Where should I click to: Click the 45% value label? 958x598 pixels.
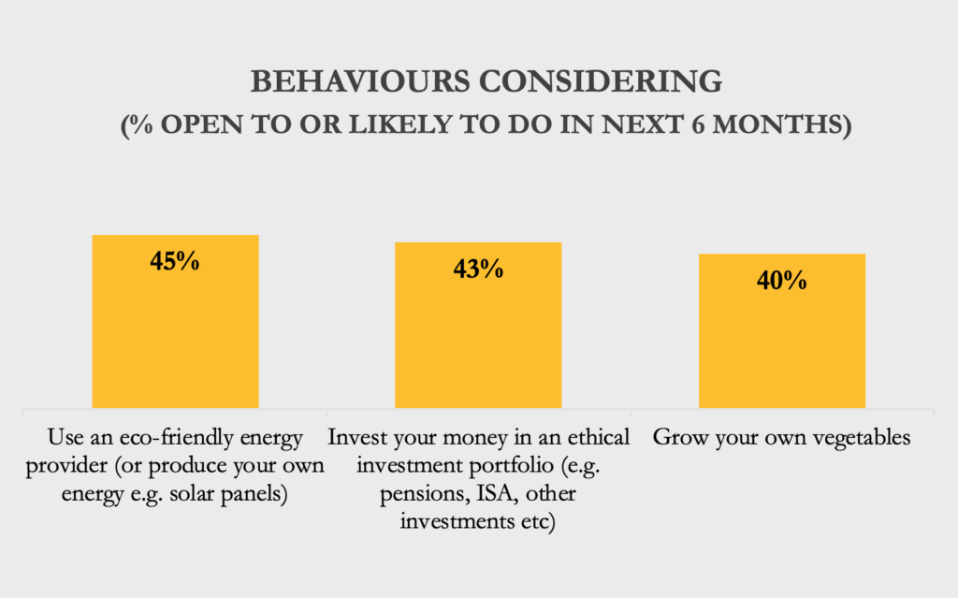click(175, 261)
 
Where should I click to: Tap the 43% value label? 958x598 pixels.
click(478, 269)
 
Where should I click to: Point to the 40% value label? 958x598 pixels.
click(782, 280)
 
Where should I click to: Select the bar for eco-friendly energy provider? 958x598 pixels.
click(175, 322)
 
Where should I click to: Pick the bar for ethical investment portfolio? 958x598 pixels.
click(478, 326)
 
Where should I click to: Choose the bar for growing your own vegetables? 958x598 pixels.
click(782, 330)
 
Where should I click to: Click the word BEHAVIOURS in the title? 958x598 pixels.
click(360, 81)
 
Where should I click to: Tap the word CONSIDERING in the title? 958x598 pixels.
click(601, 81)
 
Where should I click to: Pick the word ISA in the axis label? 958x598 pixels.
click(496, 493)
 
